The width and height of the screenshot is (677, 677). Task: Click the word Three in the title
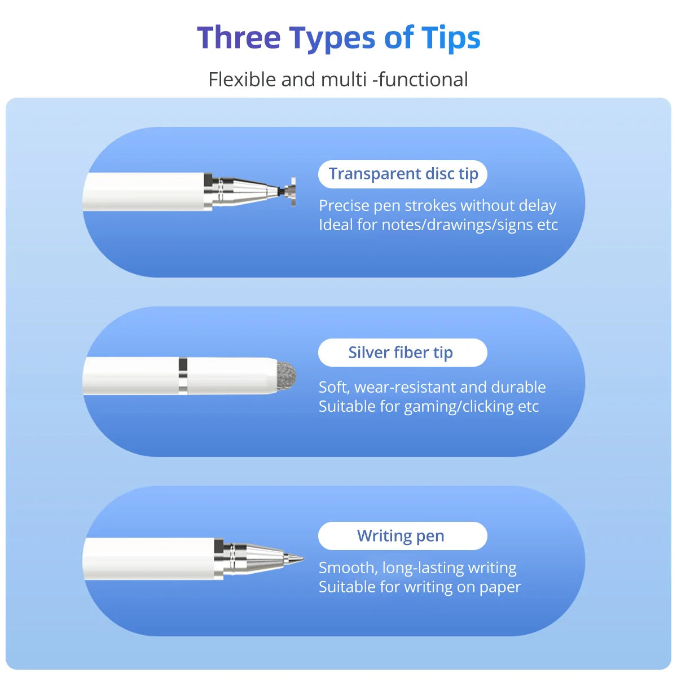click(239, 38)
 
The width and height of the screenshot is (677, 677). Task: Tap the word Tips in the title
click(451, 38)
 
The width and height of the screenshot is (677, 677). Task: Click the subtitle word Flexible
click(242, 80)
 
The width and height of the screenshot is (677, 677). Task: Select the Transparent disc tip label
click(403, 174)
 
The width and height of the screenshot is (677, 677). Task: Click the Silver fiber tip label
click(401, 353)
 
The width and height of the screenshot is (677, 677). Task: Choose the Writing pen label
click(401, 536)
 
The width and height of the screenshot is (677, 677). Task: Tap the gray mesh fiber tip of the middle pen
click(286, 375)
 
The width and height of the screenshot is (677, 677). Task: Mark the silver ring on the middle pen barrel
click(183, 375)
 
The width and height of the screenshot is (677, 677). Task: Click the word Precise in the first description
click(344, 206)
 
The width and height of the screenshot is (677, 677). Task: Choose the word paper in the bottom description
click(500, 587)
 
